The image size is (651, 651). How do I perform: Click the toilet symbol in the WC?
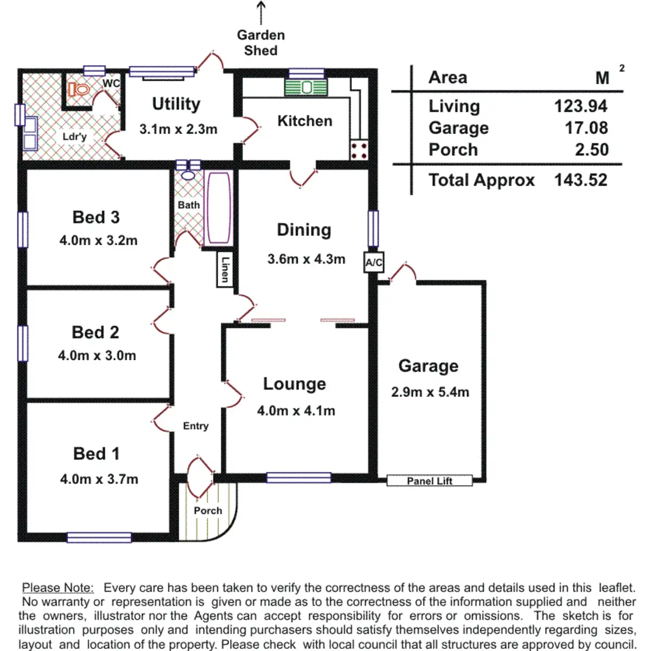(79, 90)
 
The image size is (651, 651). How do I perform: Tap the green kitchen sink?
(306, 87)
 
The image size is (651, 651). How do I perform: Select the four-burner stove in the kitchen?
(359, 150)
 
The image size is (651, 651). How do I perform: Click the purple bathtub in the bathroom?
(219, 208)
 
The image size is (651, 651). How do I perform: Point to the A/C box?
(374, 262)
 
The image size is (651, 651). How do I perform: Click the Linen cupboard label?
(225, 270)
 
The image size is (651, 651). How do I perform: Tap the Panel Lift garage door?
(429, 481)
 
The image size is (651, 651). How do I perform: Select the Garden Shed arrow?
(261, 13)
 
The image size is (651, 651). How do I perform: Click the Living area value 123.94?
(580, 106)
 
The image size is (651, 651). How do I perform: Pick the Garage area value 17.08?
(586, 128)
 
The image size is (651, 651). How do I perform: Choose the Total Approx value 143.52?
(580, 180)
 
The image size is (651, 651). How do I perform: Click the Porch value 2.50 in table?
(592, 150)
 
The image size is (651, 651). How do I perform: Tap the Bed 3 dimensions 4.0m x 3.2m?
(98, 240)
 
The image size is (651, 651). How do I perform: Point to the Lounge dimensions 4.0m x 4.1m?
(296, 411)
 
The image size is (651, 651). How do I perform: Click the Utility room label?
(176, 104)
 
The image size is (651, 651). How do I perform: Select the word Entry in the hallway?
(196, 426)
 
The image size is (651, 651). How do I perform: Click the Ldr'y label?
(75, 137)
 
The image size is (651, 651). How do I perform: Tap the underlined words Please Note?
(58, 588)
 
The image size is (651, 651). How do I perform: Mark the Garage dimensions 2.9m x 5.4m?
(430, 392)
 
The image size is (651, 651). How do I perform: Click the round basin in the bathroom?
(188, 175)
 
